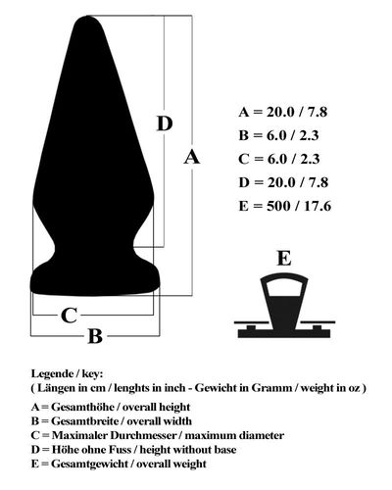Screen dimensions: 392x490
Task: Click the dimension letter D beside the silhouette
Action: (165, 123)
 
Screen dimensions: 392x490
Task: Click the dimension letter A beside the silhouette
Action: (191, 157)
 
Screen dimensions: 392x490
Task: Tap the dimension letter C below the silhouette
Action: (70, 316)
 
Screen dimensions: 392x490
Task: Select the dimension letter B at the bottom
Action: (95, 336)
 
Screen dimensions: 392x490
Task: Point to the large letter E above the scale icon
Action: (284, 258)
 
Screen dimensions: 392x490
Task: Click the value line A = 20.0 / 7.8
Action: (283, 112)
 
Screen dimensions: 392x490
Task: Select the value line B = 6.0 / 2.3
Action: (278, 135)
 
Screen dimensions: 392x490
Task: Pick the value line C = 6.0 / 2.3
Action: (278, 159)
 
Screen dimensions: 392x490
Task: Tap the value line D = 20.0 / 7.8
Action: (283, 182)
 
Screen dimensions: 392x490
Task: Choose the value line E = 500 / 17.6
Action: (285, 206)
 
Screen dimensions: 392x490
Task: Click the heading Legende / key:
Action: (67, 374)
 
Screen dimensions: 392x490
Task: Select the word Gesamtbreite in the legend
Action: (84, 421)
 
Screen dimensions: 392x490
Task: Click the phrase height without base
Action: (188, 450)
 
